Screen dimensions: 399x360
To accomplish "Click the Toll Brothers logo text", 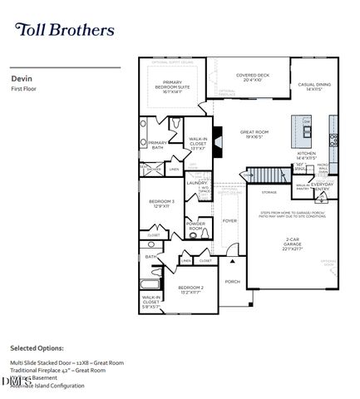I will (x=64, y=30).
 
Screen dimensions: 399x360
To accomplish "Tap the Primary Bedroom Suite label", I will (x=178, y=85).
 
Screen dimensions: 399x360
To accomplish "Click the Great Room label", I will (x=254, y=135).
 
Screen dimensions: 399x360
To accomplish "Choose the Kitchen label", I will (x=307, y=156).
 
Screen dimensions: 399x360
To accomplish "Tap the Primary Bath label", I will (x=158, y=144).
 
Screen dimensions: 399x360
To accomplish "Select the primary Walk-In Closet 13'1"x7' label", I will (x=198, y=144).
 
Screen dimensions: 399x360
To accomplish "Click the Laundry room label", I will (x=197, y=183).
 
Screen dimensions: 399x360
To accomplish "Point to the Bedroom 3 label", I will (x=161, y=204).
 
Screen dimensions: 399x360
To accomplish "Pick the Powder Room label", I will (x=196, y=224).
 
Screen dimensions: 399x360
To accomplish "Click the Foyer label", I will (x=229, y=221).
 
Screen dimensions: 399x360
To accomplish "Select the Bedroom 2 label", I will (x=190, y=290).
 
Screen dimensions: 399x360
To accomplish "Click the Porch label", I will (x=232, y=281).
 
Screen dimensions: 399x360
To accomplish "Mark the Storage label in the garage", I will (x=269, y=193).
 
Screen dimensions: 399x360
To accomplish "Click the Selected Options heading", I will (x=37, y=347).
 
